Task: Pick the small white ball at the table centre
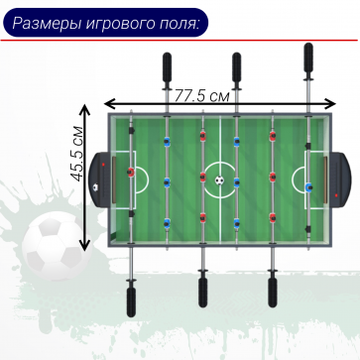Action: [x=219, y=180]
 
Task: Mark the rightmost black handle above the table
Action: [x=307, y=60]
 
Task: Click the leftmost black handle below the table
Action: [x=130, y=298]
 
